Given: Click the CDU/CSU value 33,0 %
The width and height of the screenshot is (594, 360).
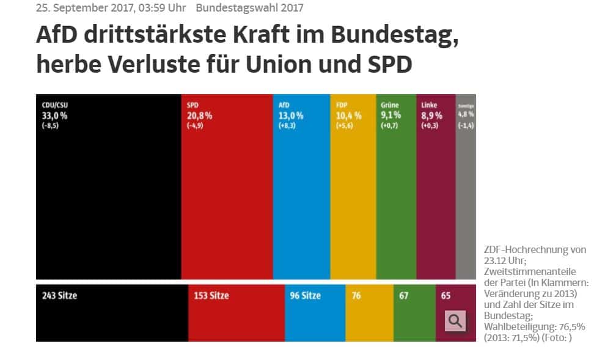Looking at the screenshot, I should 54,115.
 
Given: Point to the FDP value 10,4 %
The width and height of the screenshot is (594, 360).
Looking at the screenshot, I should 349,115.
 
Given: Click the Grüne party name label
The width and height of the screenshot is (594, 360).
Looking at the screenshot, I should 390,105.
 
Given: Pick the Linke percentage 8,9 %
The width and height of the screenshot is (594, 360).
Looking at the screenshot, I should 431,115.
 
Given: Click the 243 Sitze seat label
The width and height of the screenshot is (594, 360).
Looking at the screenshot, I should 60,296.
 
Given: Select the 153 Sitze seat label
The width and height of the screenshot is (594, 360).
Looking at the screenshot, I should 211,296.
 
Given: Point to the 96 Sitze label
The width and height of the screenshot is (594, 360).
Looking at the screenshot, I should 305,296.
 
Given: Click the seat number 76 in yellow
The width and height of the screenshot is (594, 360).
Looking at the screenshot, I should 356,296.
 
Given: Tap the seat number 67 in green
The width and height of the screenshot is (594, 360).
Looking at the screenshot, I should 403,296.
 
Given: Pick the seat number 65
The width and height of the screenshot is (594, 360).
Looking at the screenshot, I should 446,296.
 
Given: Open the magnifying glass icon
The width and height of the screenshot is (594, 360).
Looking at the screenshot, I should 455,321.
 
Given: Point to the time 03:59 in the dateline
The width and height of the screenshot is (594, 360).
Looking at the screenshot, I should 155,8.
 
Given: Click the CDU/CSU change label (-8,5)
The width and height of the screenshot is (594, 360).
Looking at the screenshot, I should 50,125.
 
